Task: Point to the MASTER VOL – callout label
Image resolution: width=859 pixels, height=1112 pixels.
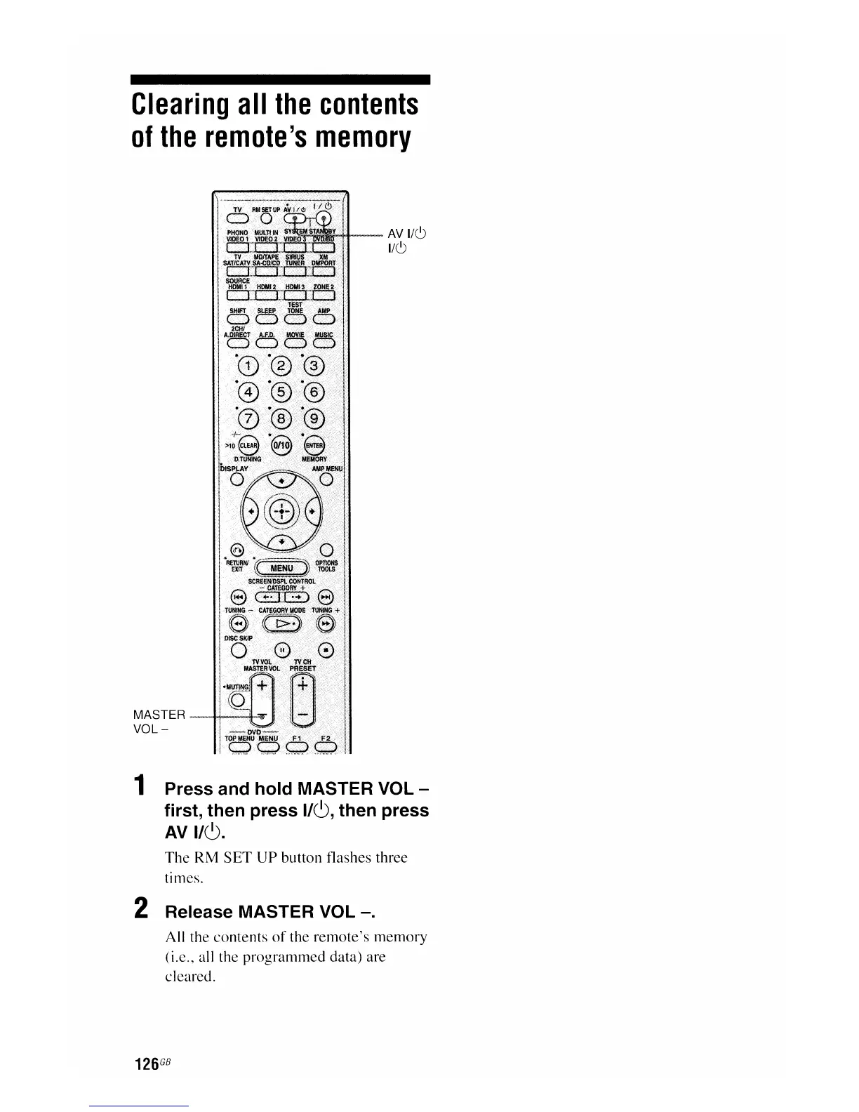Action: click(159, 721)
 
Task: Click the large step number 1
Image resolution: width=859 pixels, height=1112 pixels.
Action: click(140, 786)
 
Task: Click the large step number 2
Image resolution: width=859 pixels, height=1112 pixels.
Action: click(140, 909)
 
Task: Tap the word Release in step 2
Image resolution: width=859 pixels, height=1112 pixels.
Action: click(199, 912)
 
